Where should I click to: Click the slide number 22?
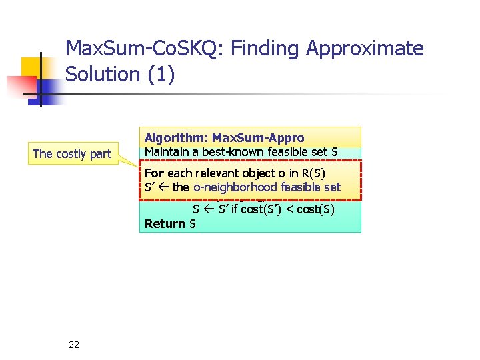pyautogui.click(x=74, y=344)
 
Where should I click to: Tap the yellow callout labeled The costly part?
pyautogui.click(x=72, y=154)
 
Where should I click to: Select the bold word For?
pyautogui.click(x=154, y=173)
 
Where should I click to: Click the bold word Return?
pyautogui.click(x=165, y=223)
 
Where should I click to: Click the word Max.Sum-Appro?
pyautogui.click(x=258, y=138)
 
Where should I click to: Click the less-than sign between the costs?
pyautogui.click(x=283, y=209)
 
